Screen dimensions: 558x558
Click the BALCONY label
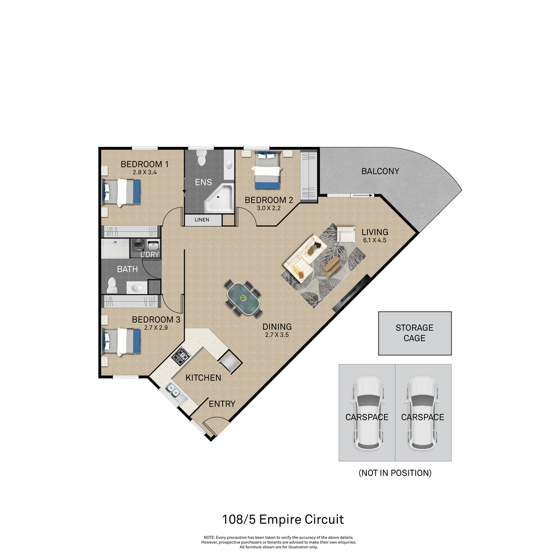pos(380,171)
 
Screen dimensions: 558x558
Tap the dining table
pos(243,299)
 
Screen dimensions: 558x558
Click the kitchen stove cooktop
pos(181,356)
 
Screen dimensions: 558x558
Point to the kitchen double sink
pos(176,394)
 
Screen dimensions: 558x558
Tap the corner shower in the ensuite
pos(219,198)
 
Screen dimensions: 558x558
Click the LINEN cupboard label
pos(202,220)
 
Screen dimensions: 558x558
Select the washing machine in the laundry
pos(139,246)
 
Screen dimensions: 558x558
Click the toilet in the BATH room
pos(112,286)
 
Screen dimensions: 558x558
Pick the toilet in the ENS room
pos(201,158)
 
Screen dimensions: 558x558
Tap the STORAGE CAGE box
pos(415,333)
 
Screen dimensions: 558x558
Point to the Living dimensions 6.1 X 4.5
pos(375,240)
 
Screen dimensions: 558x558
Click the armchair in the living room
pos(346,234)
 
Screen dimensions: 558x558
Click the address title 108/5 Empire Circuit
pos(283,519)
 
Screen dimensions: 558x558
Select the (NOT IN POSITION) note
pos(395,473)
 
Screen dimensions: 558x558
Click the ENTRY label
pos(222,404)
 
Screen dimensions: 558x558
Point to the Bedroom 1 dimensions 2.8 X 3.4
pos(145,173)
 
